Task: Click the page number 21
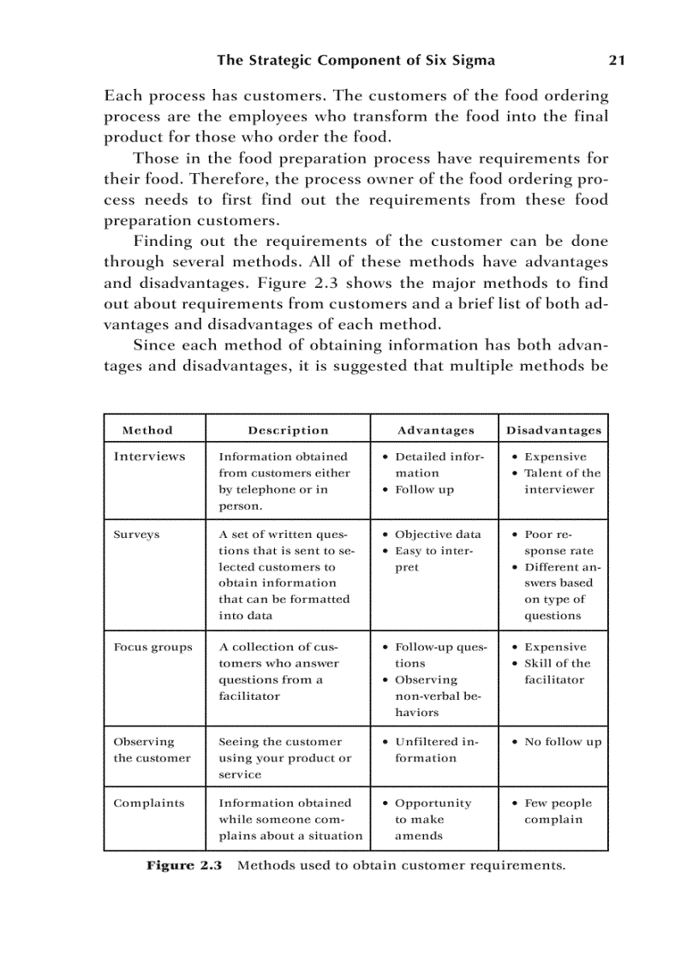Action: pyautogui.click(x=616, y=60)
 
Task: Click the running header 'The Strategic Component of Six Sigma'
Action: pyautogui.click(x=355, y=60)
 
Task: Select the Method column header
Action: pyautogui.click(x=147, y=430)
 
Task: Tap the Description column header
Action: pyautogui.click(x=288, y=430)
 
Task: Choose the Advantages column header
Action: pyautogui.click(x=435, y=430)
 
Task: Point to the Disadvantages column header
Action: pyautogui.click(x=553, y=430)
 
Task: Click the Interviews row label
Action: pyautogui.click(x=149, y=457)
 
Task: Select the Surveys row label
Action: pyautogui.click(x=136, y=535)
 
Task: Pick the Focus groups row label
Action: pyautogui.click(x=152, y=648)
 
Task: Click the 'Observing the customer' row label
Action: pyautogui.click(x=152, y=750)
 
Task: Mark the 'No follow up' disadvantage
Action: pyautogui.click(x=562, y=742)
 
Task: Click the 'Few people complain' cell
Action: pyautogui.click(x=557, y=811)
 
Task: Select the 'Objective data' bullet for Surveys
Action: pyautogui.click(x=437, y=535)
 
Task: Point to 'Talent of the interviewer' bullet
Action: pyautogui.click(x=561, y=481)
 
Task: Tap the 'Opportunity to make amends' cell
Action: pyautogui.click(x=432, y=819)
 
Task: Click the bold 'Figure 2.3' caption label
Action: pyautogui.click(x=183, y=865)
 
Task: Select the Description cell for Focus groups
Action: pyautogui.click(x=278, y=672)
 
